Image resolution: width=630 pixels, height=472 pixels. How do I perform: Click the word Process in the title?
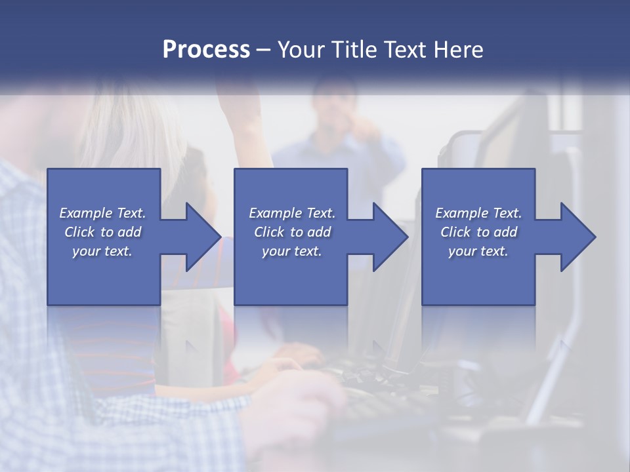pyautogui.click(x=206, y=50)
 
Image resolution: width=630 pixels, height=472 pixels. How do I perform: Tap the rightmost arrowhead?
pyautogui.click(x=577, y=237)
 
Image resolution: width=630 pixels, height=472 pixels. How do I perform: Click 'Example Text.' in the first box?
pyautogui.click(x=102, y=213)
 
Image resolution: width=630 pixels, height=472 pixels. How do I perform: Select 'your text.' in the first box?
pyautogui.click(x=102, y=251)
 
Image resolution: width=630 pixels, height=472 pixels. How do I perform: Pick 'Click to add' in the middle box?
pyautogui.click(x=292, y=232)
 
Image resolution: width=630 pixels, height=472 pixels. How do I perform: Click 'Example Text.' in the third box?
pyautogui.click(x=478, y=213)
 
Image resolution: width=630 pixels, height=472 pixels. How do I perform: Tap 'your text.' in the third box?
pyautogui.click(x=478, y=251)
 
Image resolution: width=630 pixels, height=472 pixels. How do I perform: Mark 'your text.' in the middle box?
pyautogui.click(x=292, y=251)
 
